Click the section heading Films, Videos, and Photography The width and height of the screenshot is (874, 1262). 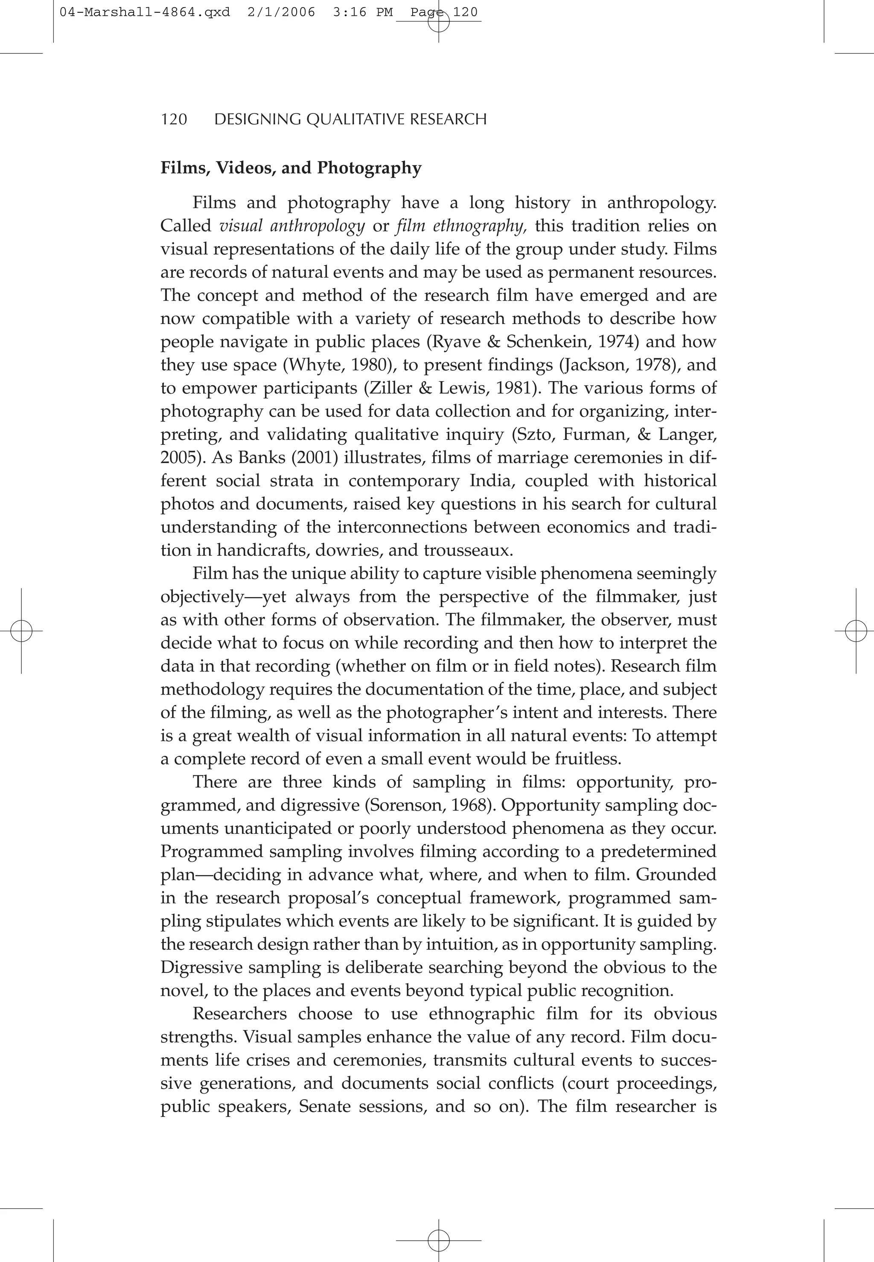291,168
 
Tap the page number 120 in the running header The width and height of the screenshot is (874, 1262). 174,119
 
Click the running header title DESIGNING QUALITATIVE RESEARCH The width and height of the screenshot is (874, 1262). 350,119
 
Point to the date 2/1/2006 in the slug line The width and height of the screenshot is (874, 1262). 281,12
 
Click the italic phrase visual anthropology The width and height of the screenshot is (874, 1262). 291,226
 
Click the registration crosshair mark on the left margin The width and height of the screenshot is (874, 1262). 21,631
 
